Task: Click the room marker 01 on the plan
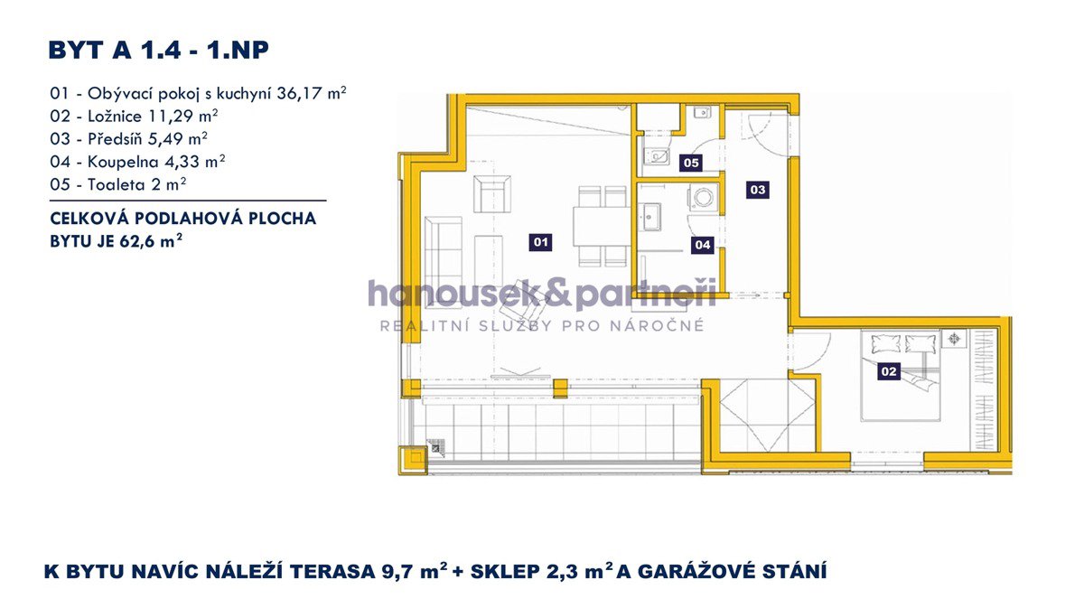click(x=540, y=242)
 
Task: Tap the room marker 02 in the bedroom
click(x=889, y=371)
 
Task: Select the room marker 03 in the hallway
click(x=757, y=190)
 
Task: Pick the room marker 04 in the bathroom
click(x=702, y=245)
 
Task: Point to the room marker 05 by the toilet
click(x=691, y=163)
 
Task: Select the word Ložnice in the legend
click(x=115, y=117)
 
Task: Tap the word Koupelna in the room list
click(x=123, y=162)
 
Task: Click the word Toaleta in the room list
click(x=117, y=184)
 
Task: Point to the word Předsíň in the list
click(x=116, y=139)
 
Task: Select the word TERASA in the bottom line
click(x=333, y=571)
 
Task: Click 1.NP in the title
click(x=238, y=50)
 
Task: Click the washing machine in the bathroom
click(x=702, y=198)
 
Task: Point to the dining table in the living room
click(x=602, y=227)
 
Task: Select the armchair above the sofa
click(x=492, y=193)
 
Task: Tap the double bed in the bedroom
click(x=900, y=376)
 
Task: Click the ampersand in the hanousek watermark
click(x=557, y=294)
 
